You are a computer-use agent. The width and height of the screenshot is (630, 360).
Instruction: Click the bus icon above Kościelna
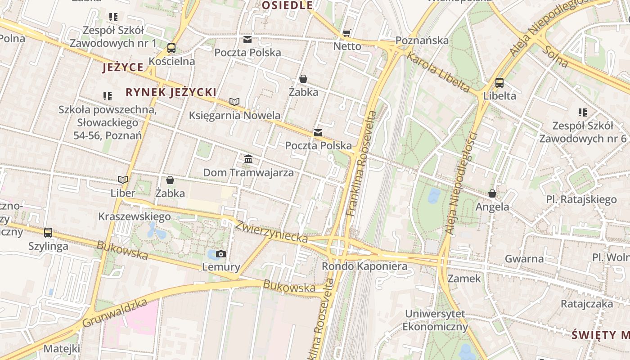coord(171,48)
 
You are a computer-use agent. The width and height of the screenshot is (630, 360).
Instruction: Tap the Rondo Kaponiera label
coord(364,266)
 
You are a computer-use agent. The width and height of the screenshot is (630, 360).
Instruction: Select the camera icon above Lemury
coord(220,254)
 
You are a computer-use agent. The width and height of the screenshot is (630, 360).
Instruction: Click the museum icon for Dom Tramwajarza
coord(248,159)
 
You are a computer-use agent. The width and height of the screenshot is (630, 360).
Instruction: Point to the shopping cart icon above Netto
coord(346,33)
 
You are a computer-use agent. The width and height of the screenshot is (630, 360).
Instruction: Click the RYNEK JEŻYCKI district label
coord(171,93)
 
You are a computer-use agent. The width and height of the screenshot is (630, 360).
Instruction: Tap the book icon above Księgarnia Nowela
coord(234,102)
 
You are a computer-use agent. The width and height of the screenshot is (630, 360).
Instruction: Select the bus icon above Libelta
coord(499,83)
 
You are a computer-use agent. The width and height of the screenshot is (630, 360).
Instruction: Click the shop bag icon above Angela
coord(492,193)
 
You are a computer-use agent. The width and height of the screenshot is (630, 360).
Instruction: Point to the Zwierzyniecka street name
coord(271,231)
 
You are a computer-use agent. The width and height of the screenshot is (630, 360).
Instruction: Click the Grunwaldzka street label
coord(115,314)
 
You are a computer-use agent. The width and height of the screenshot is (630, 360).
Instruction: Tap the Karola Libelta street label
coord(438,72)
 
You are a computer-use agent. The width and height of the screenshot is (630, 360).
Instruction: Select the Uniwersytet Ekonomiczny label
coord(435,320)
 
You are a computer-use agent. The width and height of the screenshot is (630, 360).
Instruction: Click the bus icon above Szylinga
coord(48,233)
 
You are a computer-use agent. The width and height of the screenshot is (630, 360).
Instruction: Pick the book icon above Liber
coord(123,180)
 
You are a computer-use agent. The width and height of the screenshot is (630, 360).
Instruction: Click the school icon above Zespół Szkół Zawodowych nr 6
coord(582,112)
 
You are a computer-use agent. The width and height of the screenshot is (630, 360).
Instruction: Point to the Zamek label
coord(464,279)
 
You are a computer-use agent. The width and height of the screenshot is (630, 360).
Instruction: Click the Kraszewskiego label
coord(135,216)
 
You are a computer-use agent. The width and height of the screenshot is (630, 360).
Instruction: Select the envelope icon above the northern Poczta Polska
coord(247,39)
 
